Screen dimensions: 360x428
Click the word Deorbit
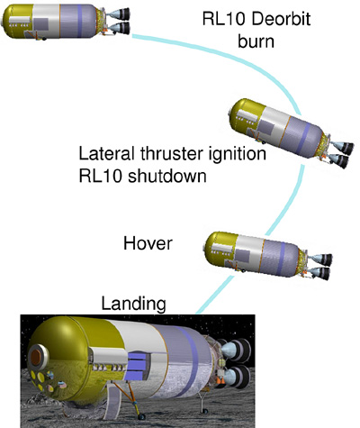tap(281, 19)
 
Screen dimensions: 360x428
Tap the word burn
tap(256, 41)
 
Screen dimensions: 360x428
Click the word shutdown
tap(167, 176)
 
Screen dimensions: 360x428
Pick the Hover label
tap(148, 243)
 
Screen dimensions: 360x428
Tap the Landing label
tap(133, 304)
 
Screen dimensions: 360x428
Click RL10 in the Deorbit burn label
tap(224, 20)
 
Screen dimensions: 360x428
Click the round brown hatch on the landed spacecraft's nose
tap(38, 356)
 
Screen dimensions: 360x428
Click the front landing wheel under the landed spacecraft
tap(141, 416)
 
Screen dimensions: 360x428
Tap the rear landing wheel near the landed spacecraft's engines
tap(205, 411)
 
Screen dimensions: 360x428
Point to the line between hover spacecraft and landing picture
tap(214, 296)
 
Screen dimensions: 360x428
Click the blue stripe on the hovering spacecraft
tap(282, 259)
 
